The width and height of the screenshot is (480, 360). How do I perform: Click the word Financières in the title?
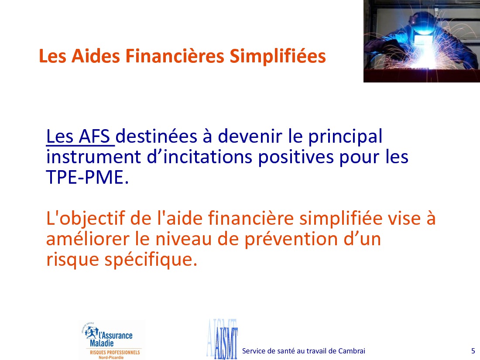pos(175,56)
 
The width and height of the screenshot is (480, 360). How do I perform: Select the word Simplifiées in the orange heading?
pos(278,57)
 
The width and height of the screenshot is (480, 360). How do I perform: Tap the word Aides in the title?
pos(96,56)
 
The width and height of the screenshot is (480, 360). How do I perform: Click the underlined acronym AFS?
pos(95,136)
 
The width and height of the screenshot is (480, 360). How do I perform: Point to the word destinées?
pos(156,136)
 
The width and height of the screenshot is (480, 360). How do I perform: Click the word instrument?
pos(93,157)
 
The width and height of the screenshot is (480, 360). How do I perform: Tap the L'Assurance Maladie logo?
pos(111,340)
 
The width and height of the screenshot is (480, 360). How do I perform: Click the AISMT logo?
pos(223,339)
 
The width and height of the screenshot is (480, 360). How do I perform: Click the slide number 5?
pos(473,351)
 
